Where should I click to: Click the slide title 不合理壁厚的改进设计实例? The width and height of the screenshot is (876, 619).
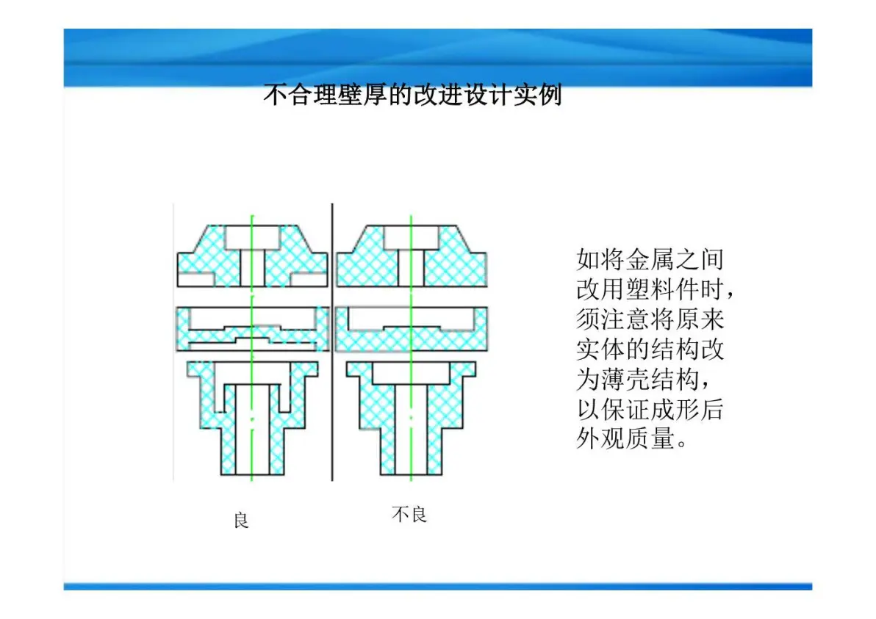point(412,95)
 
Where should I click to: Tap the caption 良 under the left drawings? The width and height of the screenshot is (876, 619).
point(241,520)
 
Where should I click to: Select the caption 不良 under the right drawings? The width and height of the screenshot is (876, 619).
point(409,514)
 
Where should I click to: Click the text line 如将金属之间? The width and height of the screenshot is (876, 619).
point(650,259)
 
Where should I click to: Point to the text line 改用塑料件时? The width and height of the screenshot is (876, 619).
point(654,290)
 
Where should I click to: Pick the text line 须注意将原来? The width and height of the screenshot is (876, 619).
point(650,320)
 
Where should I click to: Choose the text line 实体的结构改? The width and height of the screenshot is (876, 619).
point(650,350)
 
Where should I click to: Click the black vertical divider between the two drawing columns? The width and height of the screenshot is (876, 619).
point(332,341)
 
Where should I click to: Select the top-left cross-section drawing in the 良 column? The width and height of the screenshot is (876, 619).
point(253,256)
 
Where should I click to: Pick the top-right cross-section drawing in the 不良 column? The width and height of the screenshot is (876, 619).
point(412,256)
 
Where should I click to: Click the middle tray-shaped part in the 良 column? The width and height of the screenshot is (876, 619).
point(253,329)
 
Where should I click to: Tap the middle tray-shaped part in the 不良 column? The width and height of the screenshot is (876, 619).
point(412,329)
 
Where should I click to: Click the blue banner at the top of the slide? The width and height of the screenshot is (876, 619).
point(438,57)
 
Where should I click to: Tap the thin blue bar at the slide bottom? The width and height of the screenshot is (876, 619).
point(438,586)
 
